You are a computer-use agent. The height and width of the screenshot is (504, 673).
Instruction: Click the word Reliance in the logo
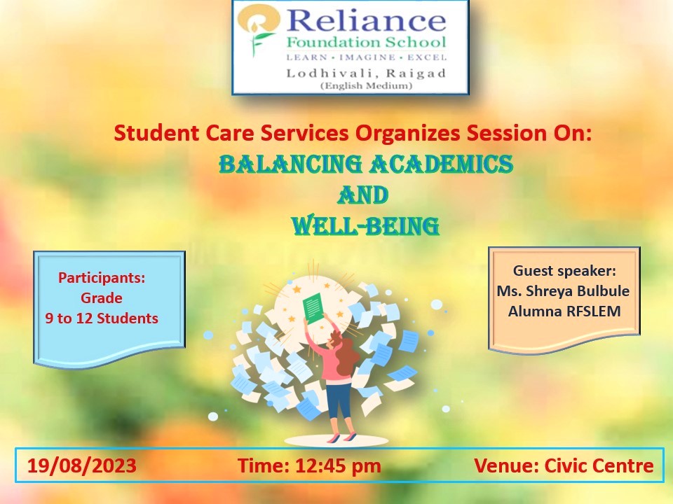click(x=366, y=20)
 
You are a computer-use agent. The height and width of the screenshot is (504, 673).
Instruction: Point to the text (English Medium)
click(x=366, y=85)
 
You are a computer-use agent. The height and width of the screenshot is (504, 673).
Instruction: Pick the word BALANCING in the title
click(x=290, y=164)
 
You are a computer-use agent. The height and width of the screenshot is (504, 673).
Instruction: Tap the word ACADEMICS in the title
click(x=441, y=164)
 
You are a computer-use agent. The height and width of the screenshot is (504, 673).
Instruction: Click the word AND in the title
click(x=363, y=195)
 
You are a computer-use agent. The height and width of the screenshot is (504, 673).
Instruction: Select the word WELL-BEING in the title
click(x=365, y=226)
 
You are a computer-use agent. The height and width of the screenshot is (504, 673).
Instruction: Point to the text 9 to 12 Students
click(x=102, y=318)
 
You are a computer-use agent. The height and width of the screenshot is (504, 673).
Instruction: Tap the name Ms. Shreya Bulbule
click(x=563, y=291)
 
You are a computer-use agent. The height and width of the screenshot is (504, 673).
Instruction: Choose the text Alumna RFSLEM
click(x=564, y=311)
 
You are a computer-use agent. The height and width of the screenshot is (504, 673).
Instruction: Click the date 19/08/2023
click(x=82, y=465)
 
